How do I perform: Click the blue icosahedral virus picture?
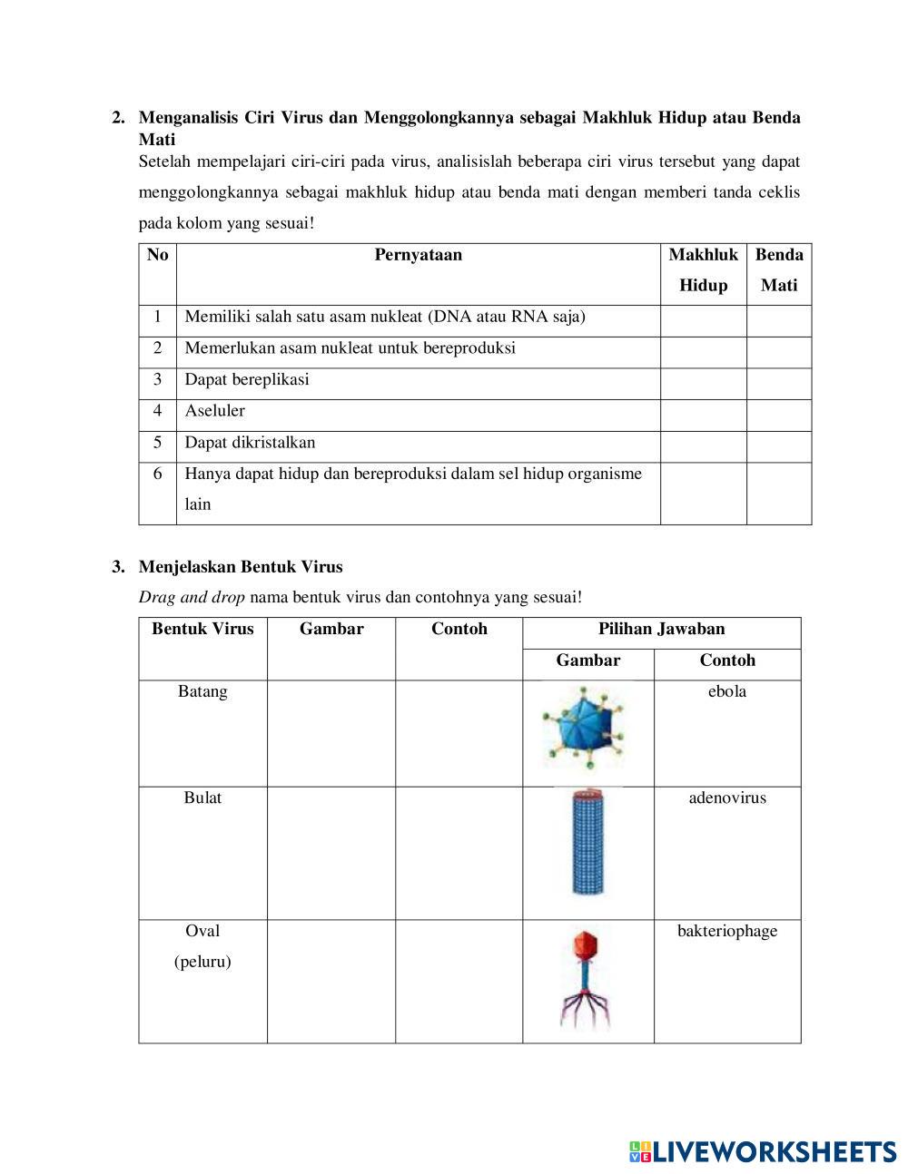point(584,727)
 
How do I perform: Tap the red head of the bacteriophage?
point(587,945)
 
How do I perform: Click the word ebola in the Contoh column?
point(727,691)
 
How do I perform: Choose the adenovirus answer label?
point(727,798)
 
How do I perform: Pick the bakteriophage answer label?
point(727,931)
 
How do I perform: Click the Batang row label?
point(202,691)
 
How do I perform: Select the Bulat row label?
point(202,798)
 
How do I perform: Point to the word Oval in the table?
point(202,931)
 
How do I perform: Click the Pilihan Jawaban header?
point(661,629)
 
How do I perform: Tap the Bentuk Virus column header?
point(202,629)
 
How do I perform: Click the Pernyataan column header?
point(418,255)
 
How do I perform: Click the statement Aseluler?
point(215,411)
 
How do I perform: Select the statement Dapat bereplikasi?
point(247,379)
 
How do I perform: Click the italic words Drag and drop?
point(192,598)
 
